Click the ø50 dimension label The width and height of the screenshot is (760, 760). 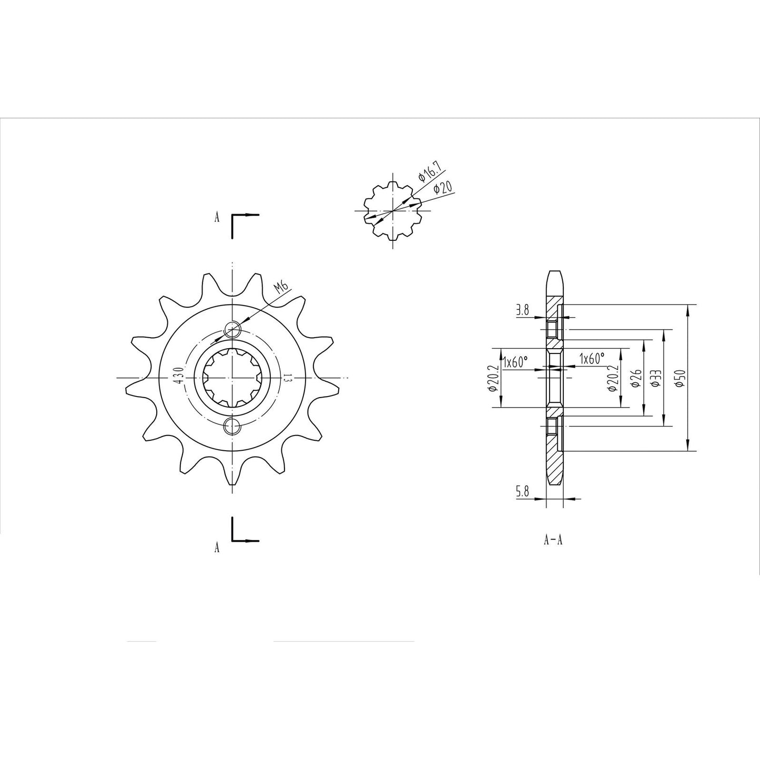[x=681, y=379]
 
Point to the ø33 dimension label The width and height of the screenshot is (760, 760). [x=656, y=379]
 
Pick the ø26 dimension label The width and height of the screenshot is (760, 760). [x=635, y=378]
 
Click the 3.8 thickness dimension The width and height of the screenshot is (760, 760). [x=522, y=310]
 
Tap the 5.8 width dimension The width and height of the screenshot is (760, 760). [x=522, y=492]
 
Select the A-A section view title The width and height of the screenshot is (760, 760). [x=553, y=540]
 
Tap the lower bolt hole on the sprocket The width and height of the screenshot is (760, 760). [x=232, y=426]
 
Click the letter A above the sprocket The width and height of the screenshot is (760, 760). [x=217, y=218]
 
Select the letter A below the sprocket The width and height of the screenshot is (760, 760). [x=217, y=548]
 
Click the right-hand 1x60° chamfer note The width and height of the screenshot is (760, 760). [x=592, y=359]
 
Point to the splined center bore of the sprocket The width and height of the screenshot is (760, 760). [x=232, y=378]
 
